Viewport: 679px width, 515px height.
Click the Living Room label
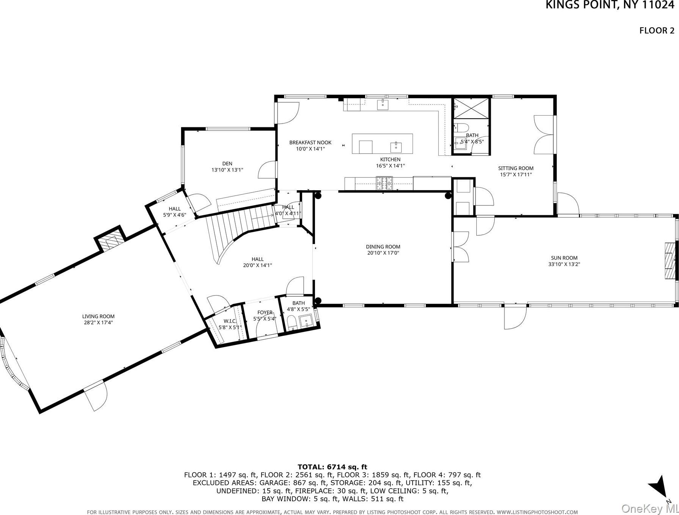pyautogui.click(x=98, y=316)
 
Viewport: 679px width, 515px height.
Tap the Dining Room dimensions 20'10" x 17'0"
pyautogui.click(x=383, y=253)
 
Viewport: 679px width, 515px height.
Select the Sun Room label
pyautogui.click(x=564, y=258)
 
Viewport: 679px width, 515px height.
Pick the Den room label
pyautogui.click(x=227, y=164)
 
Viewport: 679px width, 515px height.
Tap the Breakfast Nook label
pyautogui.click(x=310, y=142)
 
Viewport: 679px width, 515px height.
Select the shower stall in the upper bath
pyautogui.click(x=471, y=108)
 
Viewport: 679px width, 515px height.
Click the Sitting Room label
pyautogui.click(x=515, y=168)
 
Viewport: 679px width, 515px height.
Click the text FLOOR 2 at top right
pyautogui.click(x=657, y=31)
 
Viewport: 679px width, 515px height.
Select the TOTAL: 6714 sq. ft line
pyautogui.click(x=332, y=467)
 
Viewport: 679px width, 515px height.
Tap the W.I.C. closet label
pyautogui.click(x=230, y=321)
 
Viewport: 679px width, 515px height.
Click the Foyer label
pyautogui.click(x=265, y=312)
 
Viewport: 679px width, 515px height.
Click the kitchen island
pyautogui.click(x=382, y=144)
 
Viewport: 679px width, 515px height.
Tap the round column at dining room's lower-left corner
pyautogui.click(x=318, y=301)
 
